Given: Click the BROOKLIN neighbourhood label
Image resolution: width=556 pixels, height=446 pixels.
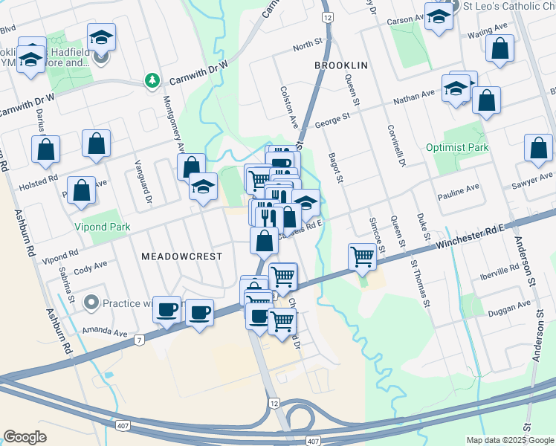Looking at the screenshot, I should point(341,65).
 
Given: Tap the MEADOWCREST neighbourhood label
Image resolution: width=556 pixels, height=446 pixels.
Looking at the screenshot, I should point(181,256).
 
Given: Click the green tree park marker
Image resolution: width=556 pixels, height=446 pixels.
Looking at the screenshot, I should point(152,80).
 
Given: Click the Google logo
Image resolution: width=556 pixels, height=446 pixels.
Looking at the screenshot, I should point(25,437).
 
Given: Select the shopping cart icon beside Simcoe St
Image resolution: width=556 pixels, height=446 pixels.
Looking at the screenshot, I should point(362,257).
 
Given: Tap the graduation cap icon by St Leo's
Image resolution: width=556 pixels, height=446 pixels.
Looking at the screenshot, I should point(439,17).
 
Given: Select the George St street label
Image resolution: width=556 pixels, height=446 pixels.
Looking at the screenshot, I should point(332,120).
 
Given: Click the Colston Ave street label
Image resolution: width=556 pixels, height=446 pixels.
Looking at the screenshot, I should point(287,107).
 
